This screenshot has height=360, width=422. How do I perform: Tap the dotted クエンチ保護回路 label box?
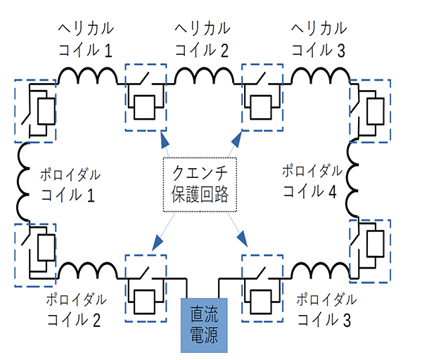click(x=200, y=184)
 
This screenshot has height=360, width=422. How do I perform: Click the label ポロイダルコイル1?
click(x=68, y=184)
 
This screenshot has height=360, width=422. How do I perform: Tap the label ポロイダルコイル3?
click(x=324, y=309)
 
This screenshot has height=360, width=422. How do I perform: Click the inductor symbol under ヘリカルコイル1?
click(x=87, y=74)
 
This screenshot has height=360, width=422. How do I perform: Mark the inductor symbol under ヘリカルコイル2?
click(x=203, y=74)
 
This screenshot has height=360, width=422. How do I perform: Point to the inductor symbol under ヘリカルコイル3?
click(x=321, y=74)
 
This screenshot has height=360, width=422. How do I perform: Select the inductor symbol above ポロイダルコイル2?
click(x=87, y=271)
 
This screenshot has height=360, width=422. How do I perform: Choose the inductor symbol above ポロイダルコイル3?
click(x=321, y=271)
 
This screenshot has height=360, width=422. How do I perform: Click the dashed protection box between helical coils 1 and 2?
click(x=145, y=96)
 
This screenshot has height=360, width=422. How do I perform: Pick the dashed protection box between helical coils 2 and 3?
click(x=262, y=96)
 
